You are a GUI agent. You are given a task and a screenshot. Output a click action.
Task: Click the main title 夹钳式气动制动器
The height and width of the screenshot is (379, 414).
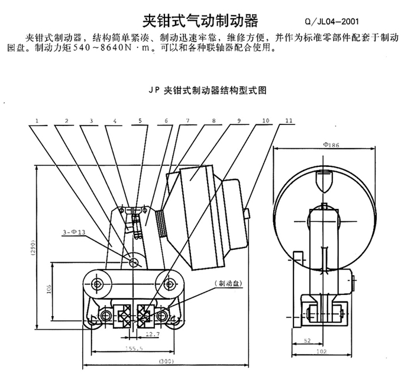(201, 22)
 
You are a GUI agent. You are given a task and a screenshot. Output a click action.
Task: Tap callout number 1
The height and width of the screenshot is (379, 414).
(37, 121)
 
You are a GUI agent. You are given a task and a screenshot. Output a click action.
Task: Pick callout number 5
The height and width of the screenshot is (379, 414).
(140, 121)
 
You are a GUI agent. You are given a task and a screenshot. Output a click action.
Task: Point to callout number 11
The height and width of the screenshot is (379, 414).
(289, 121)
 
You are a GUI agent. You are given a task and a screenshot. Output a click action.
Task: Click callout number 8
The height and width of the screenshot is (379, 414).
(212, 121)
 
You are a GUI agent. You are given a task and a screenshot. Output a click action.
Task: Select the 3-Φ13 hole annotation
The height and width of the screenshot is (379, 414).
(79, 231)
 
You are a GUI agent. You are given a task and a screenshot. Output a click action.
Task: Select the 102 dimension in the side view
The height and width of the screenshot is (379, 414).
(321, 351)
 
